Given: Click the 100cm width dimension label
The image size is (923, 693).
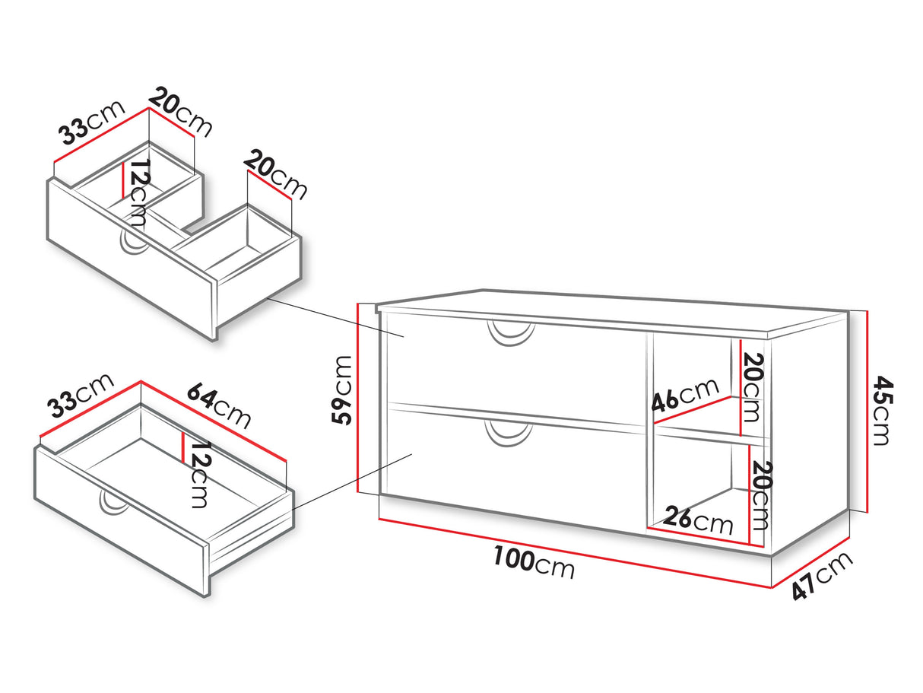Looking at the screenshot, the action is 533,563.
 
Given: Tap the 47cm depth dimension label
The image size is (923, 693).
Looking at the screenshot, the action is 823,576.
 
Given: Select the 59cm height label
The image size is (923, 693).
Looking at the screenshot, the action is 342,390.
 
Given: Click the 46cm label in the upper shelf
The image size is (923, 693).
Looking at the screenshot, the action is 685,395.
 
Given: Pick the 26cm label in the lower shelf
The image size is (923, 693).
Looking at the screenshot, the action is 698,521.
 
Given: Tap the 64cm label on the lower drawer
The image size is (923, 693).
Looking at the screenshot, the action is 219,406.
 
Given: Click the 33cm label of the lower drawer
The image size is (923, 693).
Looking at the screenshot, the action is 80,396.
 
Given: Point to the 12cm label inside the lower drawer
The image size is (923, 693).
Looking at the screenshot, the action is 200,475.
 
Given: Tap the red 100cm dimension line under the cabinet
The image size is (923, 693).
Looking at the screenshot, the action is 575,553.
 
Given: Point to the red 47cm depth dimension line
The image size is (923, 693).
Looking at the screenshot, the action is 810,563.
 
